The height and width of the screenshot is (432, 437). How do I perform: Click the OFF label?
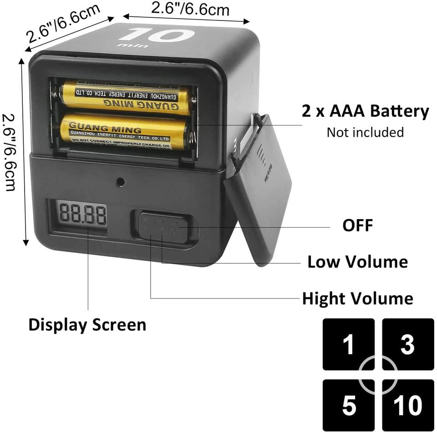coord(357,225)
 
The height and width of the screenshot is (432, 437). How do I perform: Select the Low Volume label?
coord(357,262)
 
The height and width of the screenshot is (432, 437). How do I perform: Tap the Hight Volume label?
coord(357,299)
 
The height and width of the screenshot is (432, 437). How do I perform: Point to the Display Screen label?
coord(87,325)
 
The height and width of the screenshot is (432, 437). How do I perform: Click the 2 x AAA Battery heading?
coord(365,111)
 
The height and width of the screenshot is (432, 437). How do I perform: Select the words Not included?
coord(365,132)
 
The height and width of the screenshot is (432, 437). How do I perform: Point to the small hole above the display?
coord(120,181)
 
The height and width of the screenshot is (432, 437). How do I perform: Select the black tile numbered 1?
coord(348,344)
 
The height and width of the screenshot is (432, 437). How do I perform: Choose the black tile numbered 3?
coord(407,344)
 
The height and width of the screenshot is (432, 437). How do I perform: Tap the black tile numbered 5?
coord(348,405)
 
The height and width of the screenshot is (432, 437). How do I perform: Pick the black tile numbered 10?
coord(407,405)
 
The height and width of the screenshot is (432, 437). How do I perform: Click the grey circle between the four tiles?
coord(378,375)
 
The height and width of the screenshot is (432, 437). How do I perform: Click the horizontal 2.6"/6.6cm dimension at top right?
coord(190,10)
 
